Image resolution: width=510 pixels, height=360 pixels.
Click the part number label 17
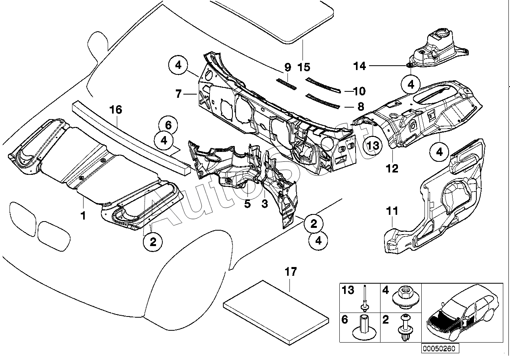(291, 272)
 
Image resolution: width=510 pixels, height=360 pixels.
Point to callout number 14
(360, 66)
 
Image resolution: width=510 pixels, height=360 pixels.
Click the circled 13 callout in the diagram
(373, 145)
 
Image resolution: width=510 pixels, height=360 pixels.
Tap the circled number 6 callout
(168, 126)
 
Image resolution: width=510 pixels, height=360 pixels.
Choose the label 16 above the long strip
(116, 110)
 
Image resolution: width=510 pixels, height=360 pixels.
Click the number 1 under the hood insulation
(84, 216)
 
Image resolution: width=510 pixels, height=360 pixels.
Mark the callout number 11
(392, 211)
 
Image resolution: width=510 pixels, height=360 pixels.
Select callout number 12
(392, 169)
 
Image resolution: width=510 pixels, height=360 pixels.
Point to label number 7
(178, 94)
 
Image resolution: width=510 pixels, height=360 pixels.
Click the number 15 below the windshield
(304, 67)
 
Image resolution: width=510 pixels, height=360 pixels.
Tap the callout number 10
(359, 91)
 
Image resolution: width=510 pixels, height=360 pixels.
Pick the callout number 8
(360, 106)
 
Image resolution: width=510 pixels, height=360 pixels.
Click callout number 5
(247, 204)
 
